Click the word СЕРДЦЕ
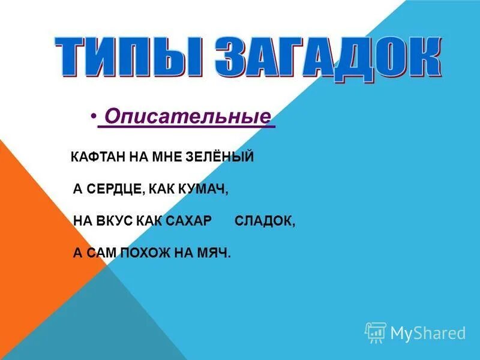[115, 189]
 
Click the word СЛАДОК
[265, 221]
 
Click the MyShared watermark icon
[376, 332]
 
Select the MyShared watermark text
[428, 332]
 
